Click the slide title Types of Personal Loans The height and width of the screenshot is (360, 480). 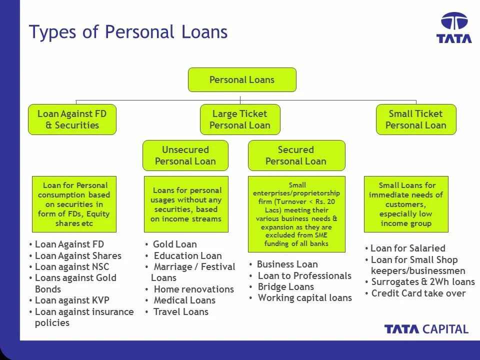[x=128, y=32]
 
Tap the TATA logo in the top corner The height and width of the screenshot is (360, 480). [x=454, y=28]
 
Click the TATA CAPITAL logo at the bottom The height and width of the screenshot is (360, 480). [x=426, y=329]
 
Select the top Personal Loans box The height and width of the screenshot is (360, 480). [x=242, y=80]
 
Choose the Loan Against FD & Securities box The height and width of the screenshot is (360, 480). [x=72, y=119]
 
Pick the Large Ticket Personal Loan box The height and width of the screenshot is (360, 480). [x=240, y=119]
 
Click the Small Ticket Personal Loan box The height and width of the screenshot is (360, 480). [x=416, y=119]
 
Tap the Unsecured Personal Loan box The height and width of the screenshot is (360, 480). [x=185, y=155]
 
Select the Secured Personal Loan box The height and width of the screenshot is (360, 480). [x=296, y=155]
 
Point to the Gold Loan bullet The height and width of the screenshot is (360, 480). [x=174, y=244]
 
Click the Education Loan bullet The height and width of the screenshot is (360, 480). [x=187, y=256]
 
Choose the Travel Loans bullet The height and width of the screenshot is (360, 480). [x=180, y=312]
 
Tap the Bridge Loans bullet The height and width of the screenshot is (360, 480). [x=285, y=287]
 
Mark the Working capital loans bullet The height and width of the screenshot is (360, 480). [x=304, y=298]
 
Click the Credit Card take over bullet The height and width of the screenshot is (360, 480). [x=418, y=293]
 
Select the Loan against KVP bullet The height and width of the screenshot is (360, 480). [x=72, y=300]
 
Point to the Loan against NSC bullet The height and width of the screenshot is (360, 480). [x=71, y=267]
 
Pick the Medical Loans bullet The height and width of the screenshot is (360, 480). [x=184, y=300]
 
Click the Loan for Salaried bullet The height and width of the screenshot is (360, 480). [x=407, y=248]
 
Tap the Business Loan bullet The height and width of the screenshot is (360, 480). [x=287, y=264]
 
